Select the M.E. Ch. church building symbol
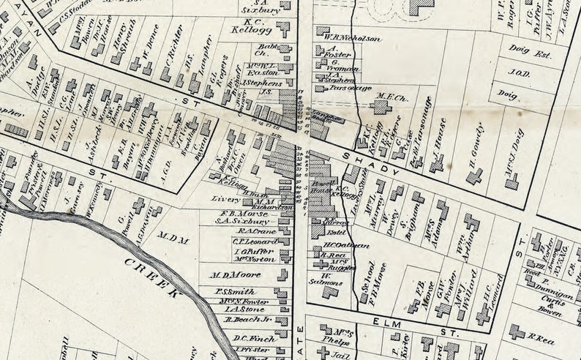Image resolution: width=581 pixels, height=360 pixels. [381, 107]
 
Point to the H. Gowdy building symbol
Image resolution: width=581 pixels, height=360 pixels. [475, 176]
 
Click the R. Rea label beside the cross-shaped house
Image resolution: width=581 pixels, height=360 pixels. [542, 337]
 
